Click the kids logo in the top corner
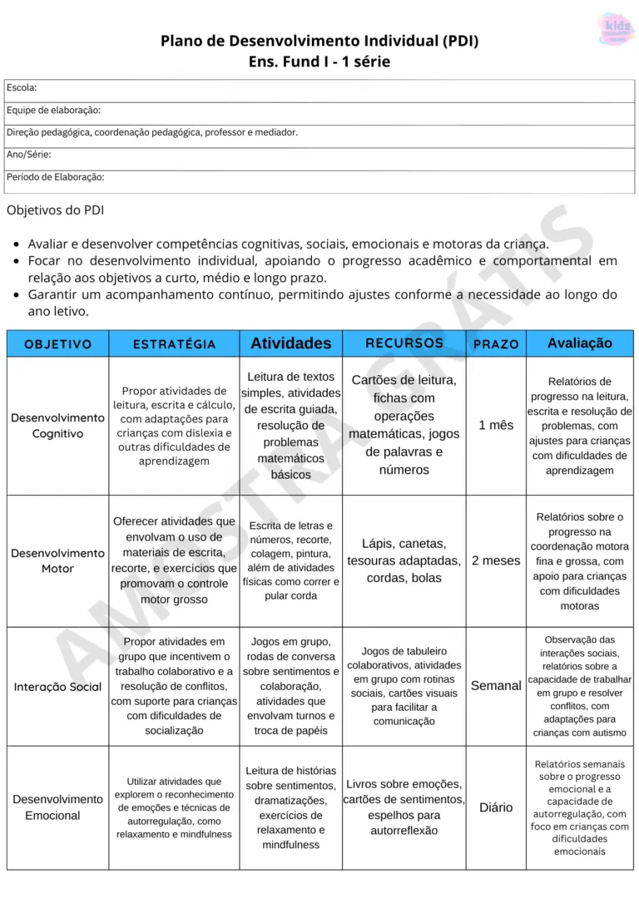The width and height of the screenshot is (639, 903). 617,29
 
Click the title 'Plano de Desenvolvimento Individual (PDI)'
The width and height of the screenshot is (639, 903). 319,41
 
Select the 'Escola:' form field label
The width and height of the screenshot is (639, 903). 22,87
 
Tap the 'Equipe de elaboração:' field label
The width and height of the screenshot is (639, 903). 53,110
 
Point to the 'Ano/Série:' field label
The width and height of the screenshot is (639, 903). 29,155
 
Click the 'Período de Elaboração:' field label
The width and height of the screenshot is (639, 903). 55,177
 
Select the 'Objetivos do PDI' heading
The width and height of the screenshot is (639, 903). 55,210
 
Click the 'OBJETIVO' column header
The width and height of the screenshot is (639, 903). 58,343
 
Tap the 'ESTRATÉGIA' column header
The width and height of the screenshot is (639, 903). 175,343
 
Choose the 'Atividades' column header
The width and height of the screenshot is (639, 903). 290,343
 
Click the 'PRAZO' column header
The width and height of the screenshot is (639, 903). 496,343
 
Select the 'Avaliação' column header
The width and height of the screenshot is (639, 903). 579,343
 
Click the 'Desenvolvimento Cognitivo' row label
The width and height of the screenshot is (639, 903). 58,426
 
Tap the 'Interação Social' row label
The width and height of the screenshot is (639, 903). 58,687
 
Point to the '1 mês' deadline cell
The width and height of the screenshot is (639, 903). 496,425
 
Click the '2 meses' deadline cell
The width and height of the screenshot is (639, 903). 496,560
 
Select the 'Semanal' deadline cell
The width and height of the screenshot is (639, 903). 496,686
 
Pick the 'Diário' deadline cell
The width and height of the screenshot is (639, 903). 496,807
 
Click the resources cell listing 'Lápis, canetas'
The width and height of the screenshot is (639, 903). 404,560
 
